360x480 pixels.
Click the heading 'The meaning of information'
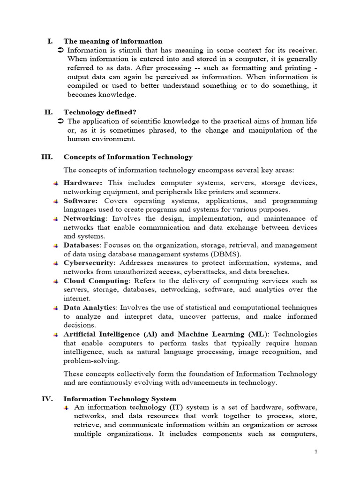pyautogui.click(x=113, y=41)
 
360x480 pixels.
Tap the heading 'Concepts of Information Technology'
pyautogui.click(x=128, y=157)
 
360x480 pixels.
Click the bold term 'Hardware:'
pyautogui.click(x=82, y=183)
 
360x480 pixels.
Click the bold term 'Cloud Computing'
pyautogui.click(x=96, y=281)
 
